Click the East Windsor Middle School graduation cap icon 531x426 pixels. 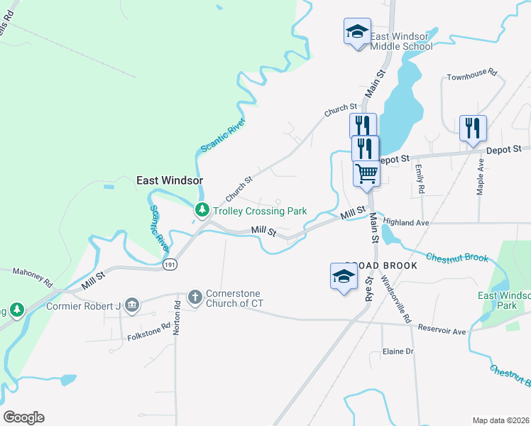tap(357, 32)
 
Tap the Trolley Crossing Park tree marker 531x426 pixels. tap(202, 210)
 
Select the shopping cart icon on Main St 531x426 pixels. tap(366, 174)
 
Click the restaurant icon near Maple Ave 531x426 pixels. tap(473, 129)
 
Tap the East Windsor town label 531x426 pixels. tap(170, 181)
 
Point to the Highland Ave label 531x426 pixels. tap(407, 222)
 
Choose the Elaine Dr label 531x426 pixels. tap(398, 351)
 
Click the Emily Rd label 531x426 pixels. tap(420, 180)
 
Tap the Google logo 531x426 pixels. tap(23, 417)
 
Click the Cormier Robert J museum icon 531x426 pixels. tap(132, 306)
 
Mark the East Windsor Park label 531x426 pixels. tap(504, 300)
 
